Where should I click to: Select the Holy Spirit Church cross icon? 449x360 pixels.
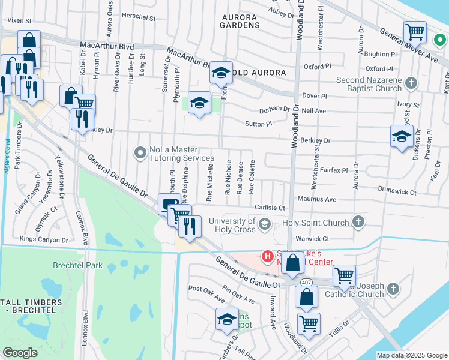(358, 223)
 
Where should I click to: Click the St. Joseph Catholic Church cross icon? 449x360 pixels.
(393, 290)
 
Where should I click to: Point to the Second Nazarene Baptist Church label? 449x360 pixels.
(368, 84)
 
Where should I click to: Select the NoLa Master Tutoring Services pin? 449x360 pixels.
(140, 153)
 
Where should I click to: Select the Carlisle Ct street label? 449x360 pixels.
(270, 208)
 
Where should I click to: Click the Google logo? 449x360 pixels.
(20, 353)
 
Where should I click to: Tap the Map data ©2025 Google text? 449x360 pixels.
(411, 355)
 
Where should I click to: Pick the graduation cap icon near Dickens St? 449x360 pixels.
(402, 136)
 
